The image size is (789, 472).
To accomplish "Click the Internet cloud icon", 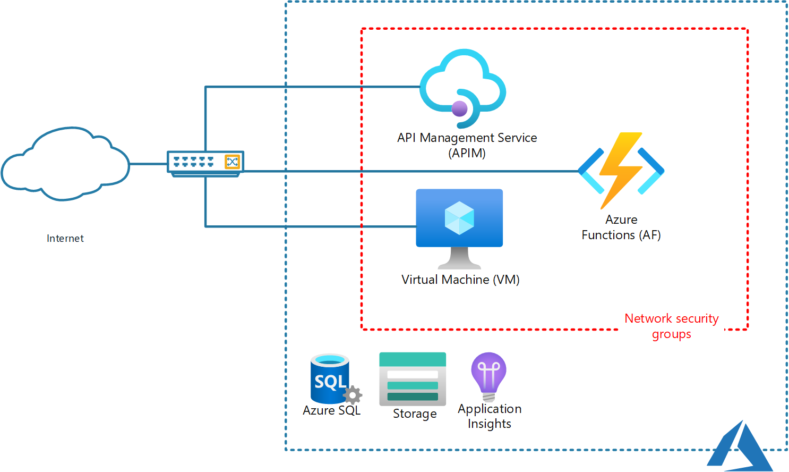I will [x=65, y=164].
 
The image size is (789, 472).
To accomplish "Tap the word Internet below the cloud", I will [x=65, y=238].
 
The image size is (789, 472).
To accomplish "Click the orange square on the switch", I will [x=232, y=162].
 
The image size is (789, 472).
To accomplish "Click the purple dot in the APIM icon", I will [x=459, y=109].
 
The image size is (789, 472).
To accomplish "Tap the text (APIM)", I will [x=467, y=153].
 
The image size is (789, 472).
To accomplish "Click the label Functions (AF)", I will [x=621, y=235].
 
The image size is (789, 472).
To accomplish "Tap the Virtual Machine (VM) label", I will [x=460, y=280].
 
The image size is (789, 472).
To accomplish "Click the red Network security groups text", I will [x=671, y=326].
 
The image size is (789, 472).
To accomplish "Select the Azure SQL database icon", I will [x=331, y=378].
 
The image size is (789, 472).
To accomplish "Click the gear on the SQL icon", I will [x=353, y=395].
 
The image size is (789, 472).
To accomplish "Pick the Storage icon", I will [x=413, y=379].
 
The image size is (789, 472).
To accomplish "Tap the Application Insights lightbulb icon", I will [x=488, y=375].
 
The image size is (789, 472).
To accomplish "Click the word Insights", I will [x=489, y=424].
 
